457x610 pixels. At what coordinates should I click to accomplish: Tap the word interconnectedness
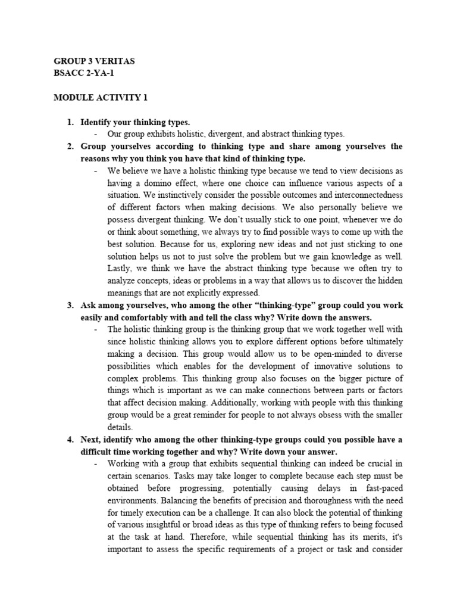click(365, 195)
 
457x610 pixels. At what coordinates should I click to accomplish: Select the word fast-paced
click(381, 488)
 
